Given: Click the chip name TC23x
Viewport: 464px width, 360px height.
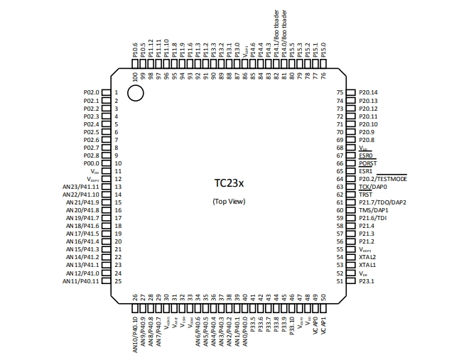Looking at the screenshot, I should (228, 183).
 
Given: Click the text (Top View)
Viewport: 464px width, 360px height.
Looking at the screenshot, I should (228, 202).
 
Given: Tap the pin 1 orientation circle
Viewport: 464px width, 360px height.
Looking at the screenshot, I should (135, 93).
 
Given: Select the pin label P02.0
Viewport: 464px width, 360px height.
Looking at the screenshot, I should (91, 93).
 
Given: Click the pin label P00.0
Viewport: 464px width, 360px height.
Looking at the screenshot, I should (91, 163).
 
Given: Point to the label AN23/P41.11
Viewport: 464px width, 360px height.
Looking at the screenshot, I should (81, 187).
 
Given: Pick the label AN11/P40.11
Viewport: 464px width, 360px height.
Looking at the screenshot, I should (81, 281).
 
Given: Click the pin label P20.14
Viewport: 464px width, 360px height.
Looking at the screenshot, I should (368, 93).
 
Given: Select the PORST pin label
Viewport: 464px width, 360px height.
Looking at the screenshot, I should (367, 163).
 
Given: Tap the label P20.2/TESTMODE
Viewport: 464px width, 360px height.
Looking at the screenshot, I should (382, 179).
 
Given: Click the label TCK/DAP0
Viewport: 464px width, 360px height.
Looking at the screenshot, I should (372, 187).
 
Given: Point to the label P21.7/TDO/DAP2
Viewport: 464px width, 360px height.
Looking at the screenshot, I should (382, 202).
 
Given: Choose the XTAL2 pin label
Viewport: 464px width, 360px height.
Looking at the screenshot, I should (367, 257).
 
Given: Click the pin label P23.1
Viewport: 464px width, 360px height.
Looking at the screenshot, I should (367, 281).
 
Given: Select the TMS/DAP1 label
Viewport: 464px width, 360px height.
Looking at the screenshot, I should (372, 210).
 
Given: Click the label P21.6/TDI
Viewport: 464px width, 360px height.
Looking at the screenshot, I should (372, 218).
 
